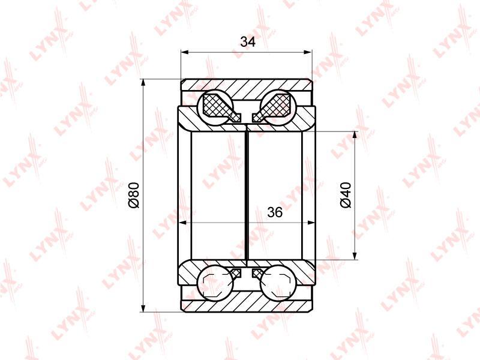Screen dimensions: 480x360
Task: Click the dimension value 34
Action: (248, 41)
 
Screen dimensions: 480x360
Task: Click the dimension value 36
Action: (275, 212)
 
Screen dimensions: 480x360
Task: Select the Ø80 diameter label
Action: (134, 195)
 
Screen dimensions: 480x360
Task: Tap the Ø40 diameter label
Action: (346, 195)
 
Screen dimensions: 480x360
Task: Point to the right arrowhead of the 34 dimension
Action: (308, 52)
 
